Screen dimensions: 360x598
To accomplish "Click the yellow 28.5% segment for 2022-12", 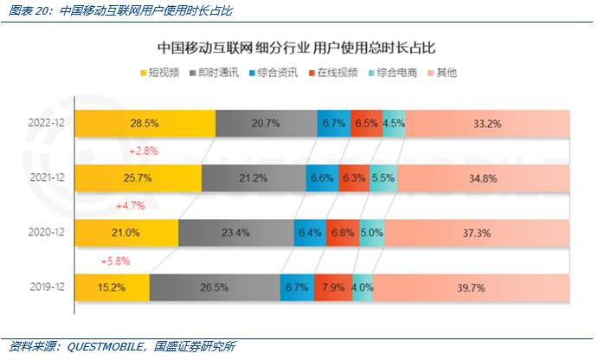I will pyautogui.click(x=145, y=124).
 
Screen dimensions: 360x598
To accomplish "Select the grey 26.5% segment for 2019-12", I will pyautogui.click(x=215, y=287).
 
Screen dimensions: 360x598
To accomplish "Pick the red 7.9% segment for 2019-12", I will pyautogui.click(x=332, y=287).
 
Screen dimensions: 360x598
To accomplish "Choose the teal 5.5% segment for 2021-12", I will pyautogui.click(x=383, y=178).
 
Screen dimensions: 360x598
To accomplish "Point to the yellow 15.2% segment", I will pyautogui.click(x=112, y=287).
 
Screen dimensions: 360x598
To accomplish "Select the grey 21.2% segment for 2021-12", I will pyautogui.click(x=253, y=178).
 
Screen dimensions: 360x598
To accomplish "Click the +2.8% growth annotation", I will pyautogui.click(x=142, y=151).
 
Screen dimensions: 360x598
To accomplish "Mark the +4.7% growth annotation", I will pyautogui.click(x=130, y=206).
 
